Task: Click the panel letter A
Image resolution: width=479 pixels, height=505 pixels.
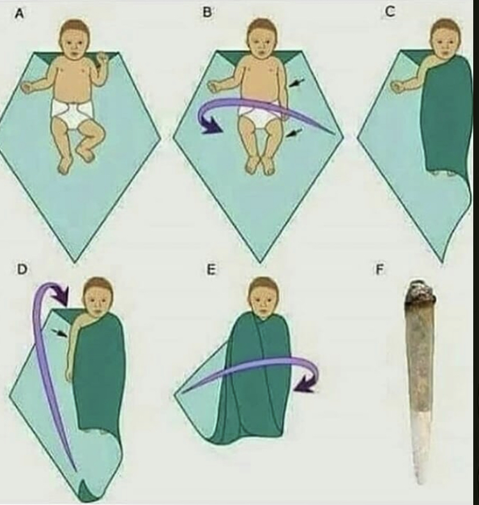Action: (x=20, y=14)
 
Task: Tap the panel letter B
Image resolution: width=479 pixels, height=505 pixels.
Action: (x=208, y=13)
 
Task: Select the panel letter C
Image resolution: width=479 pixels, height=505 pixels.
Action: (x=390, y=11)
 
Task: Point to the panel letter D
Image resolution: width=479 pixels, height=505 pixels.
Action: (x=22, y=269)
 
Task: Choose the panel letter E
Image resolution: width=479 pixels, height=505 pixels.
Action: (x=210, y=270)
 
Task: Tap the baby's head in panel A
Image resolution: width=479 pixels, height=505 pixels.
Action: (x=74, y=40)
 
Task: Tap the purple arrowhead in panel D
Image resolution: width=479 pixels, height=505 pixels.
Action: (x=61, y=296)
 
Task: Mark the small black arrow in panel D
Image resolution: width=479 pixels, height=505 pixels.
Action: (x=59, y=333)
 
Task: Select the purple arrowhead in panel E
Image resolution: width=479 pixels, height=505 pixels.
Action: (x=305, y=385)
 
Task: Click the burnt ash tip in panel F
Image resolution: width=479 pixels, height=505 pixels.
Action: (x=420, y=293)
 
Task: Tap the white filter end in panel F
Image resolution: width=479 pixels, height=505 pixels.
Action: (x=420, y=446)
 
